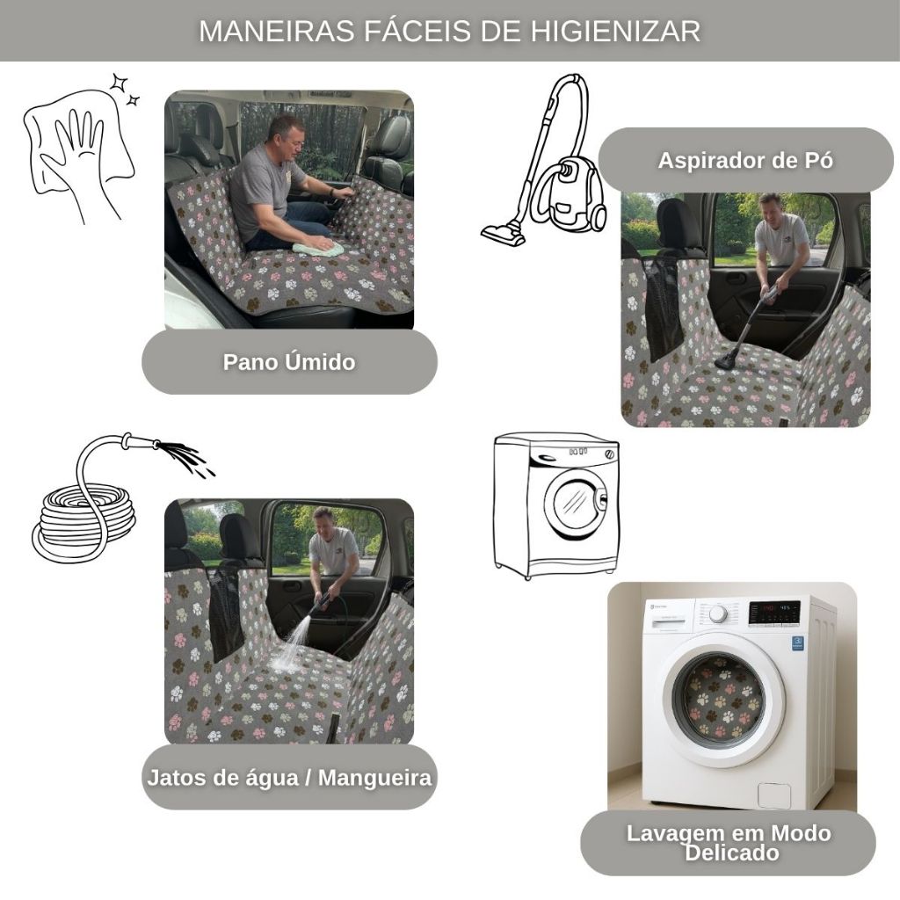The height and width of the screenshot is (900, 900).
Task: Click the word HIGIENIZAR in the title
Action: click(614, 31)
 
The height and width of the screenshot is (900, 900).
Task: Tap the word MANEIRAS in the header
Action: click(277, 31)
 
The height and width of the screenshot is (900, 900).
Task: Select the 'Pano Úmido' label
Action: click(289, 362)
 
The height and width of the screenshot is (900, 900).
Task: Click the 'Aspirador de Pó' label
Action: click(745, 160)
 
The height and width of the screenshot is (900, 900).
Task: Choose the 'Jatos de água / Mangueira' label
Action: click(289, 778)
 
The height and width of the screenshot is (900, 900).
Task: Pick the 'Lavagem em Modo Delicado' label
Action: click(729, 843)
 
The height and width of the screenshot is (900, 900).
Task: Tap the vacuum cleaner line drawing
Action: click(543, 161)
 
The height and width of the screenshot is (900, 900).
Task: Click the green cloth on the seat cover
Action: click(318, 248)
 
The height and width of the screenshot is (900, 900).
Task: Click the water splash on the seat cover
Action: click(289, 649)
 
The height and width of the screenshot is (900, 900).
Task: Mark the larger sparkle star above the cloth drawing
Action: click(120, 83)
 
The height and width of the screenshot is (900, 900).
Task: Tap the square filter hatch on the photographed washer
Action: click(773, 795)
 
